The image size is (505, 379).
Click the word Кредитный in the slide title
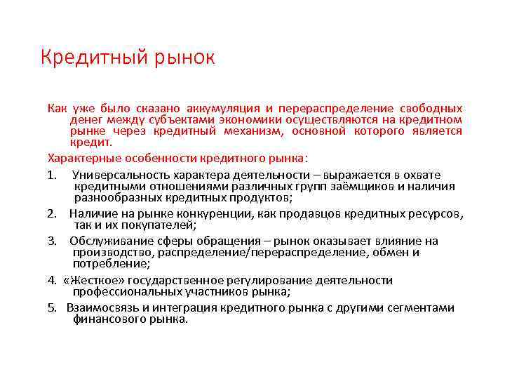point(86,58)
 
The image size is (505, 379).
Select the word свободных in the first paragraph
point(431,109)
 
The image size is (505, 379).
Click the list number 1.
point(52,174)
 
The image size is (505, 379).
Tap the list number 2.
point(52,213)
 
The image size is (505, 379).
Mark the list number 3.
point(52,241)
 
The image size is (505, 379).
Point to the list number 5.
point(52,307)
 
